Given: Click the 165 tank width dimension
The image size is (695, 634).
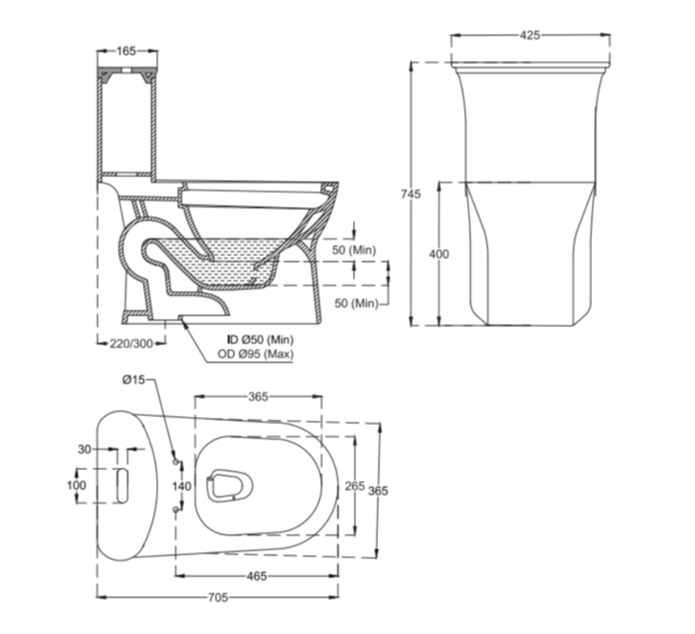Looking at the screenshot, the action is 127,51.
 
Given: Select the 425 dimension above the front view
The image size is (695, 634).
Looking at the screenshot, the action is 530,35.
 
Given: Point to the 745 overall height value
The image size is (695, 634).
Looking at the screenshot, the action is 411,194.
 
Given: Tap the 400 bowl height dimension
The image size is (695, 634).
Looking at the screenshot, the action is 439,254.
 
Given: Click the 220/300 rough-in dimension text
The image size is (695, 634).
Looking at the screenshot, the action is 131,344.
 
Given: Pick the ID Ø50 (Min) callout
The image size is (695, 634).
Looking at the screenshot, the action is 260,340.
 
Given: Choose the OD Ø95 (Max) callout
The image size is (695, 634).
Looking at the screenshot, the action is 255,354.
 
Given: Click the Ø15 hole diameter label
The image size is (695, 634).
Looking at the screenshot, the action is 134,379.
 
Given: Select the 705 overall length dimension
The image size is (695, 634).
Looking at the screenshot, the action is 218,597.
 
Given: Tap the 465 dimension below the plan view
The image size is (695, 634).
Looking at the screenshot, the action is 257,576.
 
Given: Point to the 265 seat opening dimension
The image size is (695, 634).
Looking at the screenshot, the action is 355,486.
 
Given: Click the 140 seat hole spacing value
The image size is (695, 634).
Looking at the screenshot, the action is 182,486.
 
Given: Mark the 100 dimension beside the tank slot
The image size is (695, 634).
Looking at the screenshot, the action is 77,485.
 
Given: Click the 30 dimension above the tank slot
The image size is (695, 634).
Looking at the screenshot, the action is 84,449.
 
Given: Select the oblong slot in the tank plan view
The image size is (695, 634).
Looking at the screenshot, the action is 123,486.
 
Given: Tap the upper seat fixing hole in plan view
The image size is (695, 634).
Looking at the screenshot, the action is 176,462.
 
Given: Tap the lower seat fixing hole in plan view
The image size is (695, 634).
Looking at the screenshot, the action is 176,510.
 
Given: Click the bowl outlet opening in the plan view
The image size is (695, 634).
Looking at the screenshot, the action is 230,486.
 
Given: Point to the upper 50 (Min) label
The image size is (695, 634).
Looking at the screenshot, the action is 355,250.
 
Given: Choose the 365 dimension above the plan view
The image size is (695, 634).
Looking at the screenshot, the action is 258,397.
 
